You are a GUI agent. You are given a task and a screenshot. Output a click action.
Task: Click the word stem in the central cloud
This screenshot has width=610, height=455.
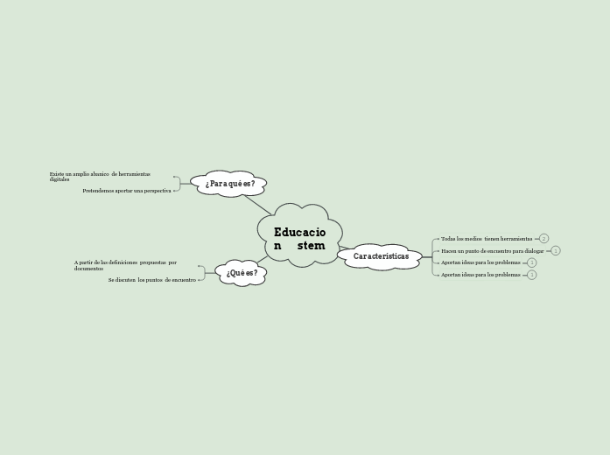pyautogui.click(x=311, y=246)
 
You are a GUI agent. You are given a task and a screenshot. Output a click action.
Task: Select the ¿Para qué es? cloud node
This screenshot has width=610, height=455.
pyautogui.click(x=229, y=184)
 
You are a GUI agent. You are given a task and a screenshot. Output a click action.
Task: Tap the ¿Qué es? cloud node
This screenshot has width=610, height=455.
pyautogui.click(x=242, y=273)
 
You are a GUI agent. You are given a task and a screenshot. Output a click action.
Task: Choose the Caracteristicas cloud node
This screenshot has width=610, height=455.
pyautogui.click(x=381, y=256)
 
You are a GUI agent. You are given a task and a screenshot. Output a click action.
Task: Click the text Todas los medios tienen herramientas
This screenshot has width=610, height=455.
pyautogui.click(x=486, y=239)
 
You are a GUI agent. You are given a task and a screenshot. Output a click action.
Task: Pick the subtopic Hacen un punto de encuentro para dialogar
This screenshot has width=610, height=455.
pyautogui.click(x=492, y=251)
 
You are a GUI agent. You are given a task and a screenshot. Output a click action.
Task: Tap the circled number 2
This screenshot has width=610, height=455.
pyautogui.click(x=543, y=239)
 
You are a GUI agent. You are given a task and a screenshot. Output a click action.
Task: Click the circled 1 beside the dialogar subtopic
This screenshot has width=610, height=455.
pyautogui.click(x=556, y=251)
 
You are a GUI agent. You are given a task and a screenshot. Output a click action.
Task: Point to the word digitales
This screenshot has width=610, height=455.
pyautogui.click(x=60, y=179)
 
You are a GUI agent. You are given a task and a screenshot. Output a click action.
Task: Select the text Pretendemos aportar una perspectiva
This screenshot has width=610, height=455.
pyautogui.click(x=127, y=191)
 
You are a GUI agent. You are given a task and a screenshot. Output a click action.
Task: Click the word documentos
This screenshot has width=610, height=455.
pyautogui.click(x=88, y=269)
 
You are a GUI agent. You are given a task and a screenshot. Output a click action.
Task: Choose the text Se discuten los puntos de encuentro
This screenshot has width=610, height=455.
pyautogui.click(x=152, y=280)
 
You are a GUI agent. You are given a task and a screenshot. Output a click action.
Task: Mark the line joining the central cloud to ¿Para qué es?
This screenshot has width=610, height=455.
pyautogui.click(x=257, y=204)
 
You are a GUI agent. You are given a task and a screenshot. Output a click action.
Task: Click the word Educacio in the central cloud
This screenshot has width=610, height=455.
pyautogui.click(x=299, y=233)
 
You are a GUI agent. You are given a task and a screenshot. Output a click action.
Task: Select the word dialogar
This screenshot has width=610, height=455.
pyautogui.click(x=534, y=251)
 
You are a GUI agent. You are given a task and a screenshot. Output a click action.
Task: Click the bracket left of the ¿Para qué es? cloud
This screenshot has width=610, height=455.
pyautogui.click(x=178, y=183)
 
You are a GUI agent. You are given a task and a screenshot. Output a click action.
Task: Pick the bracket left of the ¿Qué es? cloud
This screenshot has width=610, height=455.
pyautogui.click(x=202, y=272)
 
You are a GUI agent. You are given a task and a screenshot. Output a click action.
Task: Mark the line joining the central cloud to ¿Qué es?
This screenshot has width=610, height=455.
pyautogui.click(x=263, y=259)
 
